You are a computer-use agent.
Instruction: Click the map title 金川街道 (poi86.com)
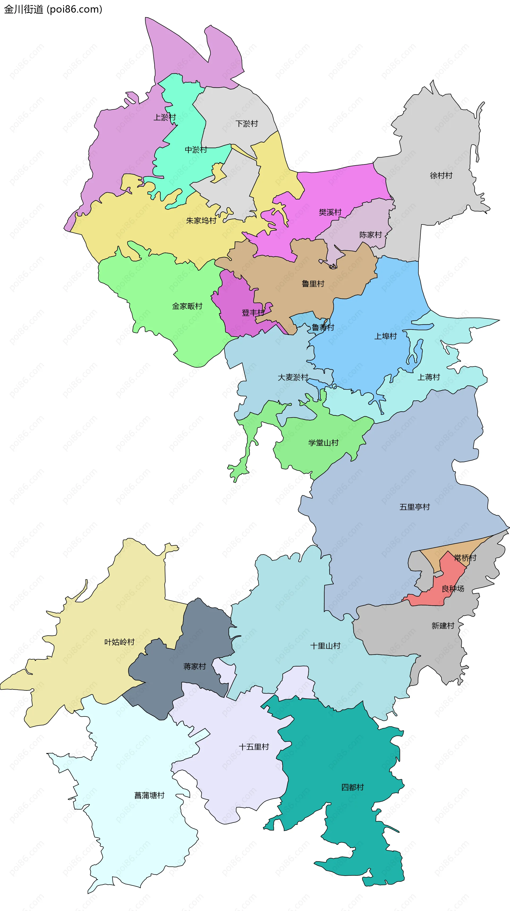tap(53, 9)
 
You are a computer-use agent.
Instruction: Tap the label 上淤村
tap(164, 117)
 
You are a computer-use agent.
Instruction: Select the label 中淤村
tap(195, 150)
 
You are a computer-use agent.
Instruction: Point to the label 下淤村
tap(246, 124)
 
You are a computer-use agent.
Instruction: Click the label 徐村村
tap(441, 175)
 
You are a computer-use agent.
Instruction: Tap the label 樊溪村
tap(330, 212)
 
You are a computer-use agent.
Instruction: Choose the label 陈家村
tap(370, 235)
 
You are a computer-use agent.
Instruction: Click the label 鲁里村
tap(313, 284)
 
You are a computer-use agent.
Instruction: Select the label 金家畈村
tap(187, 306)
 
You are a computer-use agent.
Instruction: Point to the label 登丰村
tap(253, 313)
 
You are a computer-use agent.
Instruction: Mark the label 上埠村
tap(385, 336)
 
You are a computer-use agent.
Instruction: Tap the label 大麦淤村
tap(293, 377)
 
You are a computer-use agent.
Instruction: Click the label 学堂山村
tap(323, 443)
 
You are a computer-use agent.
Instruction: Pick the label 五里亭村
tap(414, 507)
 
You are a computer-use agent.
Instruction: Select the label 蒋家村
tap(194, 667)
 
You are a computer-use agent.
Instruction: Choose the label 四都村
tap(352, 787)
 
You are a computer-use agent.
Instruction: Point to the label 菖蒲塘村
tap(149, 795)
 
